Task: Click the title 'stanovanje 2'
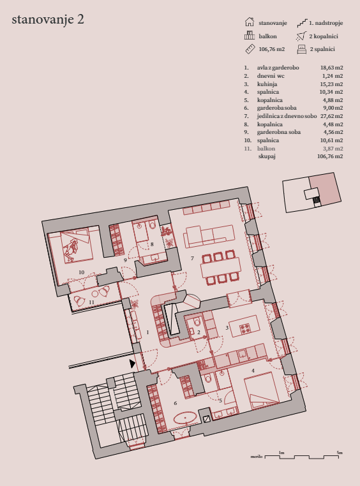pyautogui.click(x=48, y=20)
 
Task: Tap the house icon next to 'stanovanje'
pyautogui.click(x=250, y=22)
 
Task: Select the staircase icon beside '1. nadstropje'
pyautogui.click(x=302, y=23)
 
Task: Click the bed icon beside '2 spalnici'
pyautogui.click(x=302, y=49)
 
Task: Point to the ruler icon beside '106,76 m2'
pyautogui.click(x=250, y=49)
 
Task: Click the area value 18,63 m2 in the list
pyautogui.click(x=331, y=68)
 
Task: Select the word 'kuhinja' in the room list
pyautogui.click(x=267, y=84)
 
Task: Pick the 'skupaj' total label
pyautogui.click(x=267, y=156)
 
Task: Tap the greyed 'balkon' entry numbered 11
pyautogui.click(x=266, y=149)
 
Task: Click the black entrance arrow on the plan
pyautogui.click(x=132, y=364)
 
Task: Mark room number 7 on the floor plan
pyautogui.click(x=192, y=258)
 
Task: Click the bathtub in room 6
pyautogui.click(x=185, y=418)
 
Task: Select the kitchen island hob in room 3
pyautogui.click(x=246, y=328)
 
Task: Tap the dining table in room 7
pyautogui.click(x=221, y=267)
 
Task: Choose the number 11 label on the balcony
pyautogui.click(x=91, y=302)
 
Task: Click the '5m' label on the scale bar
pyautogui.click(x=340, y=453)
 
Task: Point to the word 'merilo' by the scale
pyautogui.click(x=257, y=457)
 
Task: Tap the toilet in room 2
pyautogui.click(x=197, y=322)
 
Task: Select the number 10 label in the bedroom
pyautogui.click(x=81, y=272)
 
